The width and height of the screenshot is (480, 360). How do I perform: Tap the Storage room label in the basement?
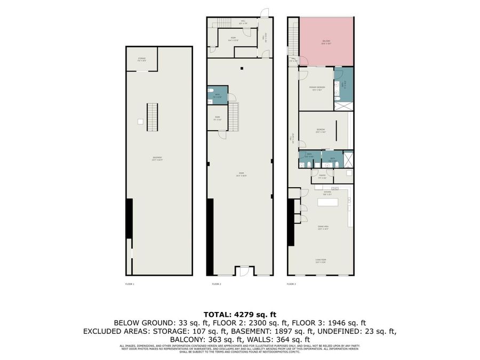pyautogui.click(x=142, y=59)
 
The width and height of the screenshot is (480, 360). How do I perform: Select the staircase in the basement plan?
pyautogui.click(x=153, y=117)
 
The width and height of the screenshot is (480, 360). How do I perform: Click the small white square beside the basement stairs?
pyautogui.click(x=140, y=122)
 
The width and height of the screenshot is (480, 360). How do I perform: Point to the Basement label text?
pyautogui.click(x=157, y=158)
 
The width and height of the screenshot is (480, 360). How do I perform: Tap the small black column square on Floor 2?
pyautogui.click(x=241, y=68)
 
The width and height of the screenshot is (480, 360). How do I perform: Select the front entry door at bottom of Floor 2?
pyautogui.click(x=243, y=271)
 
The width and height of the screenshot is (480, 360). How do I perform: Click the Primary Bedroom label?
pyautogui.click(x=317, y=87)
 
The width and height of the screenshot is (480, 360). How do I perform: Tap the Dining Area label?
pyautogui.click(x=323, y=227)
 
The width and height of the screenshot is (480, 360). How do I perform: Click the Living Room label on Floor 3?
pyautogui.click(x=321, y=261)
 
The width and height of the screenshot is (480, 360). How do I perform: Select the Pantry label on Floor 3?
pyautogui.click(x=323, y=176)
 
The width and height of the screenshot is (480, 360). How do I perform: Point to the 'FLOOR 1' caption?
pyautogui.click(x=130, y=284)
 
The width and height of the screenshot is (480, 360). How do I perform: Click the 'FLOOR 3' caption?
pyautogui.click(x=291, y=284)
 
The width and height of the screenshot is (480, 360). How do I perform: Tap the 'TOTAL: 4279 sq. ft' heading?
pyautogui.click(x=239, y=314)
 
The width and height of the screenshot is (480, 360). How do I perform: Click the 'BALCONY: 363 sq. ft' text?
pyautogui.click(x=201, y=339)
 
